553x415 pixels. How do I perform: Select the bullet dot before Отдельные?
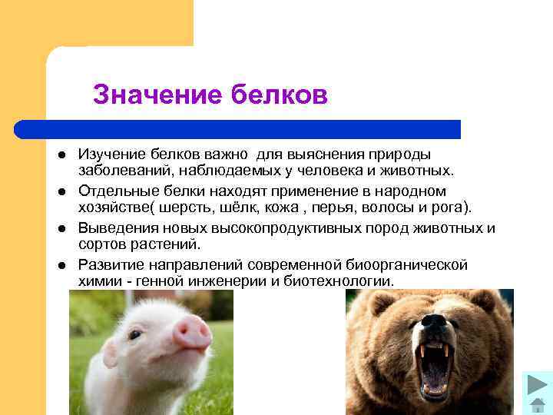click(x=59, y=191)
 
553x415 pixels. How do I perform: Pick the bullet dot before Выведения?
click(x=59, y=227)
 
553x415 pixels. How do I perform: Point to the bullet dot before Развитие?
click(x=59, y=264)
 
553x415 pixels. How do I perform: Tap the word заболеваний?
click(x=124, y=171)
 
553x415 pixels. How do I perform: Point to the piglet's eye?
click(x=135, y=335)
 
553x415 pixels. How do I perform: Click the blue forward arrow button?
click(x=537, y=384)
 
